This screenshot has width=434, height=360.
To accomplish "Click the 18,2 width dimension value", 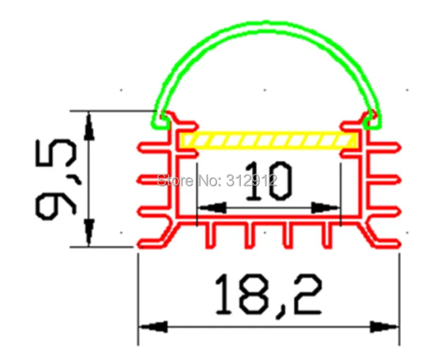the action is point(268,294).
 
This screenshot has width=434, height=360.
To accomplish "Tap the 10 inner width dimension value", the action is point(268,180).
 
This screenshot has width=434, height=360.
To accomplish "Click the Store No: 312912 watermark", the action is point(217,180).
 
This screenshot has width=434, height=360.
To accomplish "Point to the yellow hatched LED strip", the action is point(268,140).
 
